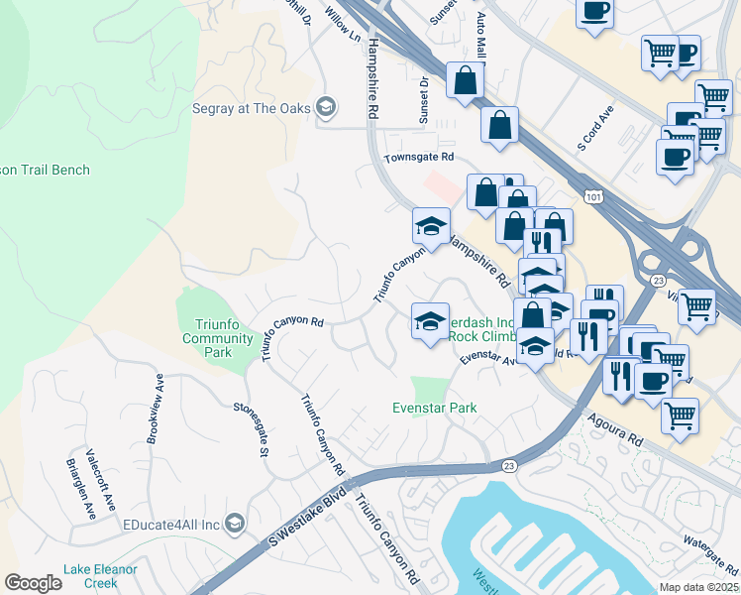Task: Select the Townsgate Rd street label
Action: click(x=419, y=157)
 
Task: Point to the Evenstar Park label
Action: click(x=434, y=408)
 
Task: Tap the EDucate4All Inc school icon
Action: click(x=235, y=523)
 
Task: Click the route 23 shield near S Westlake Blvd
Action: click(x=509, y=465)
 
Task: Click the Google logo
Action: click(x=33, y=583)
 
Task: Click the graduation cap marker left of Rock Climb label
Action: click(x=430, y=321)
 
